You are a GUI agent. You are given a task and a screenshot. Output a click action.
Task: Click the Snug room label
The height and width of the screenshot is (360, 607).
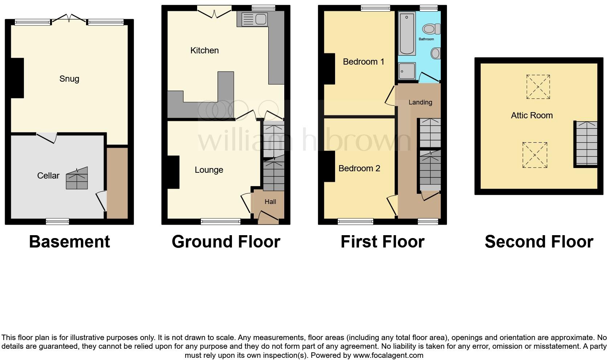pos(69,79)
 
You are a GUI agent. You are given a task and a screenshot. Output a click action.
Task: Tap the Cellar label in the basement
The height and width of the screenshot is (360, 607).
pos(48,176)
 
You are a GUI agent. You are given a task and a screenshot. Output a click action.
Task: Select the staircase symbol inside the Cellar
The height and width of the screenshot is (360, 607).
pos(77,179)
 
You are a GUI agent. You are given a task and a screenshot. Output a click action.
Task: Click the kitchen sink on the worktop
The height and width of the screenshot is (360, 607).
pos(254,19)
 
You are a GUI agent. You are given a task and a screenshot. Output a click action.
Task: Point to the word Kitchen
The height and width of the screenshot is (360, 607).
pos(204,50)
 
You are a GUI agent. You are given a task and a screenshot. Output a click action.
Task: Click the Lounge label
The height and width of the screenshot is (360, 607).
pos(209,170)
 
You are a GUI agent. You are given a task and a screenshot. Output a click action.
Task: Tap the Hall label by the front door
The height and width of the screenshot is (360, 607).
pos(270,202)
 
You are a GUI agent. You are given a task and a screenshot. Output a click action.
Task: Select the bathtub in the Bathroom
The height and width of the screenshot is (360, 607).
pos(407,33)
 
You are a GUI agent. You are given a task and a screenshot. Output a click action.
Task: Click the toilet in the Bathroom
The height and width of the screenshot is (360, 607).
pos(431,29)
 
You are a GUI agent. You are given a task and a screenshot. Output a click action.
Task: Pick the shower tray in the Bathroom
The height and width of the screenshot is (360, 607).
pos(406,71)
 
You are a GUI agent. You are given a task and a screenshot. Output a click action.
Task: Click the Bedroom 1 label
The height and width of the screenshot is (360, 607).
pos(363,62)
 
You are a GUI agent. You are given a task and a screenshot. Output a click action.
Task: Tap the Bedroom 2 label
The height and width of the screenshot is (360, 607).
pos(359,168)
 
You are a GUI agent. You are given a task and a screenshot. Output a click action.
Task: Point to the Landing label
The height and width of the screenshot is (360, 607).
pos(420,102)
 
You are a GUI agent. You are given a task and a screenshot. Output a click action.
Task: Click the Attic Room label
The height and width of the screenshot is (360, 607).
pos(531,115)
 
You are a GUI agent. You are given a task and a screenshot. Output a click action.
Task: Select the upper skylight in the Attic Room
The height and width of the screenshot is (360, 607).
pos(538,87)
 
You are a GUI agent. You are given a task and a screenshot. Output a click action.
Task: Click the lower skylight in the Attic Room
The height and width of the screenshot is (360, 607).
pos(534,155)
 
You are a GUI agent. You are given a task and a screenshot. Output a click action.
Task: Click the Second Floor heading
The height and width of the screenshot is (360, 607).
pos(539,242)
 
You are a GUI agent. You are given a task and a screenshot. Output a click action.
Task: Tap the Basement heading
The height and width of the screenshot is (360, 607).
pos(69,242)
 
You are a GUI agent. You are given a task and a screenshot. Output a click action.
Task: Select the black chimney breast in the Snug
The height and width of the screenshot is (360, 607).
pos(17,78)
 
